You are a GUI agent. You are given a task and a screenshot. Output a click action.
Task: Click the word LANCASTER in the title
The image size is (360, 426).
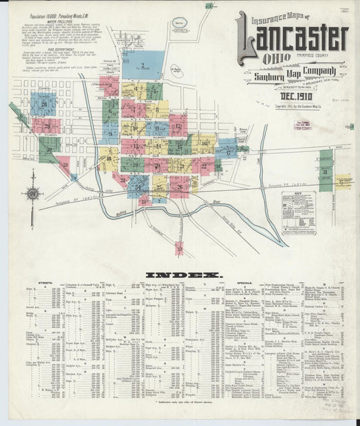(292, 43)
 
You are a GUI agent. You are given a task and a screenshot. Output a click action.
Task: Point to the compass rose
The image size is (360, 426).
(32, 193)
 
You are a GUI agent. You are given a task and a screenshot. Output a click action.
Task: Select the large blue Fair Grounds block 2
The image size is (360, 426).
(143, 65)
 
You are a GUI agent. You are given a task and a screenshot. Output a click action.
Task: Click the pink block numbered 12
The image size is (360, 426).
(177, 126)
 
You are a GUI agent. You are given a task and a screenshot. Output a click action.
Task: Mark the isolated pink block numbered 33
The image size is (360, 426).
(179, 248)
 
